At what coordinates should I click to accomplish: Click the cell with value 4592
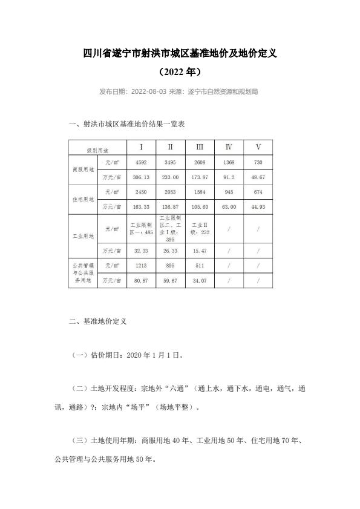[x=141, y=162]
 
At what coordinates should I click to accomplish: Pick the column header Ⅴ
[x=258, y=147]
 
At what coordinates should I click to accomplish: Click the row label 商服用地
[x=83, y=170]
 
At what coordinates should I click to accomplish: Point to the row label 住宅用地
[x=83, y=199]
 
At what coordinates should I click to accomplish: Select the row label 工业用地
[x=83, y=236]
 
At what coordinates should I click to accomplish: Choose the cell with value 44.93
[x=258, y=207]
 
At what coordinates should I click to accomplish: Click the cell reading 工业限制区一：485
[x=141, y=229]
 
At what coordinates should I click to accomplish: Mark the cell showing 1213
[x=141, y=265]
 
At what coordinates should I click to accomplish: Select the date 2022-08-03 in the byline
[x=148, y=92]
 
